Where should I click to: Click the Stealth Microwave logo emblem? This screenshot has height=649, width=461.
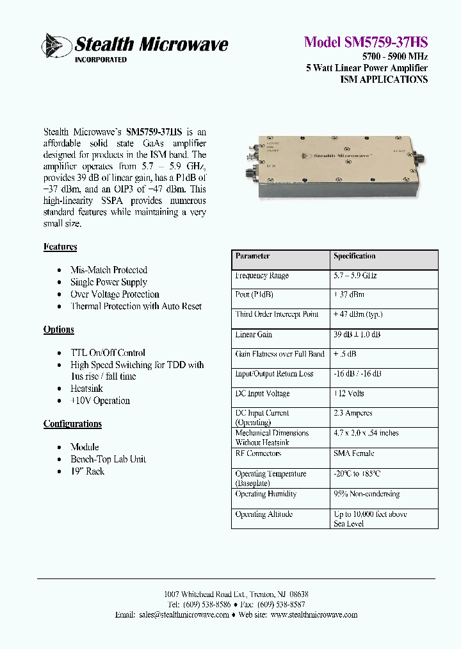(x=56, y=46)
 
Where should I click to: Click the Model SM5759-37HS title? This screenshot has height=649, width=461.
(x=366, y=42)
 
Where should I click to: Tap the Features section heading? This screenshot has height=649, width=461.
(x=60, y=247)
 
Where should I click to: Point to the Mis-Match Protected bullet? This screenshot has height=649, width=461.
(x=108, y=270)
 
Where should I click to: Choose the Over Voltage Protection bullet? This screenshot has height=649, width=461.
(x=115, y=294)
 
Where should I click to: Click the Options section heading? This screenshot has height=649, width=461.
(x=59, y=330)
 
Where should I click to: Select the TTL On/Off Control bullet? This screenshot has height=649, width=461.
(x=108, y=353)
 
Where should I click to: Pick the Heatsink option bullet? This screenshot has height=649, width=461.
(x=86, y=389)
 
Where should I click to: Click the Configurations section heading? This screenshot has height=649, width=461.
(x=72, y=424)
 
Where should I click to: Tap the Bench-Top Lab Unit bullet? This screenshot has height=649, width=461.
(x=108, y=459)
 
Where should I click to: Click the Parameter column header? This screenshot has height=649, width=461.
(x=253, y=257)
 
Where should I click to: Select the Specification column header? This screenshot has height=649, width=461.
(x=354, y=257)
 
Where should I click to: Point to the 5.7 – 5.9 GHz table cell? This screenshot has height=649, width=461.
(x=355, y=276)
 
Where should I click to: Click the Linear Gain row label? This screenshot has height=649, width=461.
(x=254, y=335)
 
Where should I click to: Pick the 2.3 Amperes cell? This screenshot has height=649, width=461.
(x=353, y=414)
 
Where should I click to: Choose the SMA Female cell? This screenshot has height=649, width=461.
(x=353, y=453)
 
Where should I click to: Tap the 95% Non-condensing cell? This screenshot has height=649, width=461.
(x=366, y=494)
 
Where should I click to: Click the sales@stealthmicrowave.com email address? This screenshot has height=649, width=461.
(x=183, y=615)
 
